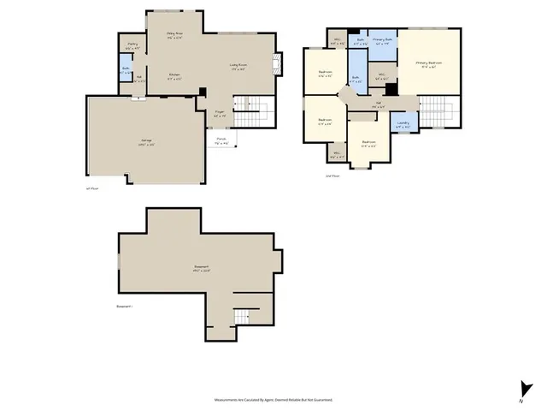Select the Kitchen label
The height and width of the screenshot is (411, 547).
pos(174,76)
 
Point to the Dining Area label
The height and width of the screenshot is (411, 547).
pos(174,35)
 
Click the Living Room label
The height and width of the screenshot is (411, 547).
pos(238,65)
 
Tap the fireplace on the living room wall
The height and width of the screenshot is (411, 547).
pos(275,63)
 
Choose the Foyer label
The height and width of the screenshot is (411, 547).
pos(219,112)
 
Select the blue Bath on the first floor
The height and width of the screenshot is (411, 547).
pos(126,71)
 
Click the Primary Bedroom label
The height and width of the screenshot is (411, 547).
pos(429,63)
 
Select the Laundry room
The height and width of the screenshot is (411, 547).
pos(403,124)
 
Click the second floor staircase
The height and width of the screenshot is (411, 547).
pos(438,109)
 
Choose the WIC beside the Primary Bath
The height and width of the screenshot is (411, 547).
pos(382,76)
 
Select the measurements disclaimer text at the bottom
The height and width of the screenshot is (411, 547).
pos(273,399)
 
